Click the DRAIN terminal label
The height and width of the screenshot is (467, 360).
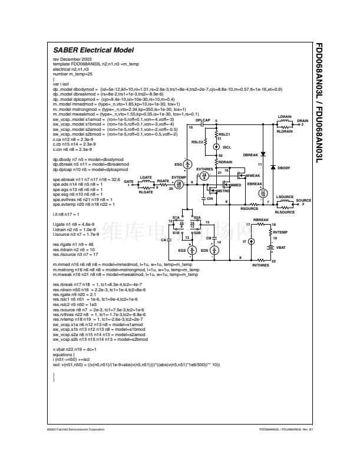(x=302, y=121)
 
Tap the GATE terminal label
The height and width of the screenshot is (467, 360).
(x=128, y=182)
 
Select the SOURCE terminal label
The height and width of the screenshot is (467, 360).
(x=303, y=201)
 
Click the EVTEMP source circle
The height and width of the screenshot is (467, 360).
(x=179, y=185)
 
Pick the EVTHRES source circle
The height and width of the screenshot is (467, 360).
(x=204, y=176)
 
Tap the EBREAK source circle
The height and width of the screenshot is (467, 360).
(x=263, y=193)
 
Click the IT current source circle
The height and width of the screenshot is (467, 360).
(x=252, y=242)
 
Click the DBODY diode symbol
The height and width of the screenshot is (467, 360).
(x=273, y=168)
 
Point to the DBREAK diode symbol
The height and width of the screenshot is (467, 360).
(x=263, y=154)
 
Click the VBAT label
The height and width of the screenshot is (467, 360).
(x=282, y=248)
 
